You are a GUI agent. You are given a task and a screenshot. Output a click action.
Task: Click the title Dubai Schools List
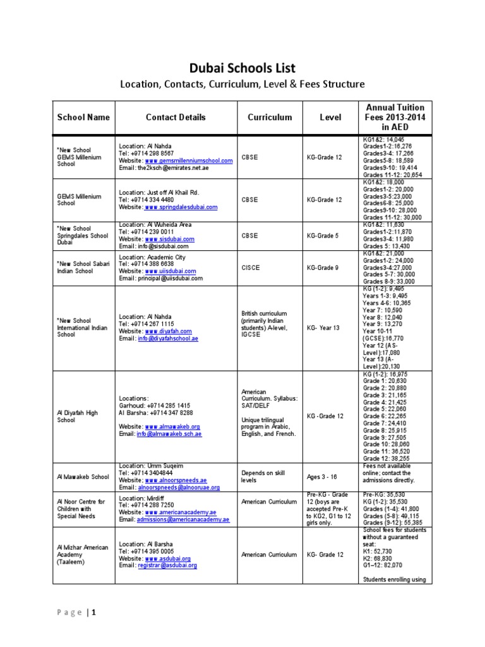242,68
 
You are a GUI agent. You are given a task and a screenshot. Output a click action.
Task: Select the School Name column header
83,117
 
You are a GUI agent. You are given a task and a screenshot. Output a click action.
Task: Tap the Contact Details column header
175,117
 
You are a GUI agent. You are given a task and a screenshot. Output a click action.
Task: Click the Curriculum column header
270,117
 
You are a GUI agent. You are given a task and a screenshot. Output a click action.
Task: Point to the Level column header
330,117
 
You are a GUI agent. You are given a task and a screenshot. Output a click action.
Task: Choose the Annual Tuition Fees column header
395,117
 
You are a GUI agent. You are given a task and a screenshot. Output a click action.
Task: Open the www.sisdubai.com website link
169,239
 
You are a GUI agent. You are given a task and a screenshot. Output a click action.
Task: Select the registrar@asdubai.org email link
171,565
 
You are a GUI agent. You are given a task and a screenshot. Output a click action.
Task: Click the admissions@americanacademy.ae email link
183,519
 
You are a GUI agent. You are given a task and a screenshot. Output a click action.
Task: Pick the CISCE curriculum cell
251,267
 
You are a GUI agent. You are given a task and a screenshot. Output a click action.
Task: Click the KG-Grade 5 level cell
323,236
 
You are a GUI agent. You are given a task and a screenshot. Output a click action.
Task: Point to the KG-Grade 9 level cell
323,267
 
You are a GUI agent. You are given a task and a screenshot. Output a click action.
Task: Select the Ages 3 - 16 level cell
323,476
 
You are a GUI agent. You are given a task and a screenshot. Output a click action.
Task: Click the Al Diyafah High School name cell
77,416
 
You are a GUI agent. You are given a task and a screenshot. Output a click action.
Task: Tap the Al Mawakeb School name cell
83,476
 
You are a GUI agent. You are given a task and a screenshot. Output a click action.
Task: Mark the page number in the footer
93,612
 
